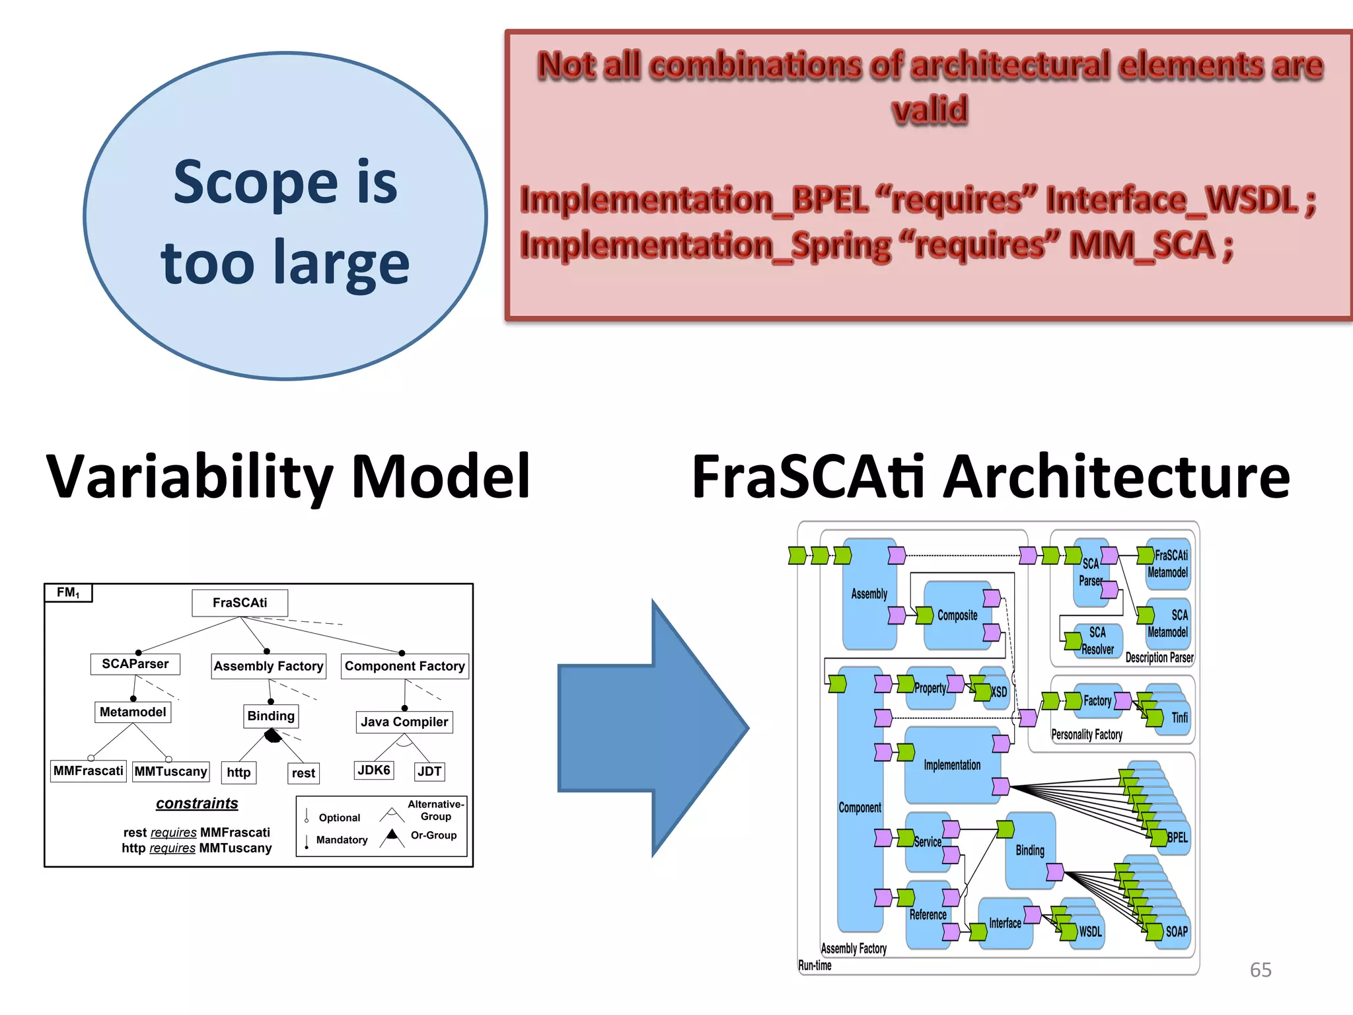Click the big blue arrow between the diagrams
(x=654, y=727)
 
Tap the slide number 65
(x=1261, y=969)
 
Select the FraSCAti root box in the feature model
(x=240, y=603)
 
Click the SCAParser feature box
(x=135, y=663)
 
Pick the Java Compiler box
(x=404, y=722)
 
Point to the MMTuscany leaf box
(x=171, y=771)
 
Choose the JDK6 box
(x=374, y=770)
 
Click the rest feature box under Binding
(x=303, y=772)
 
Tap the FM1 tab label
(x=68, y=593)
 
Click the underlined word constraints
(x=197, y=803)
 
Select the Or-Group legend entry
(x=433, y=835)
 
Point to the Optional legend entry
(x=339, y=817)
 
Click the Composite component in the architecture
(x=957, y=615)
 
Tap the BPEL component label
(x=1177, y=837)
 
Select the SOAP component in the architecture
(x=1176, y=932)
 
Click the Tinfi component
(x=1179, y=717)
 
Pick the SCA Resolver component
(x=1097, y=640)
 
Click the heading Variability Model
(x=288, y=476)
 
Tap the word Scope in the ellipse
(x=255, y=182)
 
